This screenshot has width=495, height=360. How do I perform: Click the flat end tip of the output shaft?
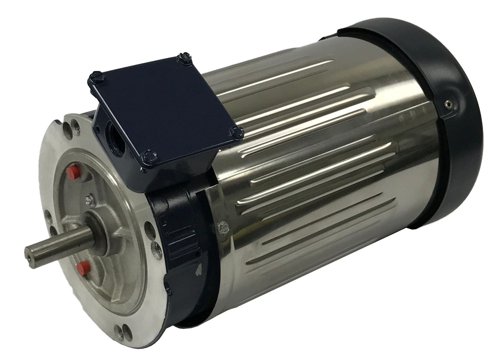coord(29,249)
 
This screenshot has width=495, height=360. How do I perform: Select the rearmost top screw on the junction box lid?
coord(181,59)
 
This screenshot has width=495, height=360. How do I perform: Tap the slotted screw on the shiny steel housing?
coord(230,227)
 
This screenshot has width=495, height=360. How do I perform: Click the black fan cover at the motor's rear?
coord(445,144)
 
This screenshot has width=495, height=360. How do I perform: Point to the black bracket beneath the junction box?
coord(178,223)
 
